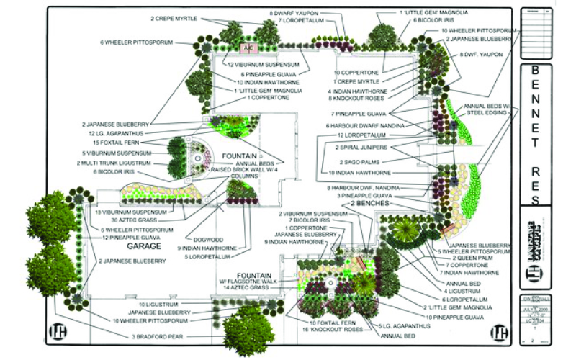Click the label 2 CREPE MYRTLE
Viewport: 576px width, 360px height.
click(x=174, y=18)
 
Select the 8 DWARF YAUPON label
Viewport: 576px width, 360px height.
click(x=294, y=13)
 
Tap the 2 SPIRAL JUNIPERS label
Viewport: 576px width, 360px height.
click(x=361, y=148)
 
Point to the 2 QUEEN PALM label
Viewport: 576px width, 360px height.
click(x=462, y=258)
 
